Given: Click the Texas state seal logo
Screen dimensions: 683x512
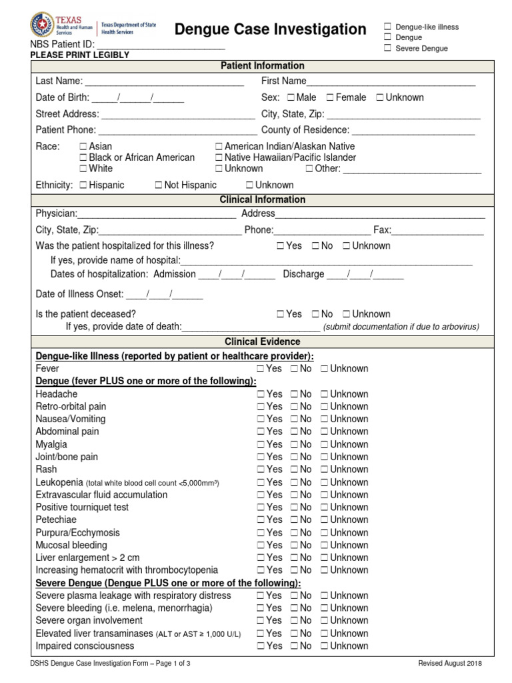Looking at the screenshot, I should click(x=44, y=26).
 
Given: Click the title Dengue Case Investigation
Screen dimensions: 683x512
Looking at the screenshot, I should click(x=270, y=29).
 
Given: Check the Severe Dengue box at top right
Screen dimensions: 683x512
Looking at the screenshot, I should click(x=387, y=49).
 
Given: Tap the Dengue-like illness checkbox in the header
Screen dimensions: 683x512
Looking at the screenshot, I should click(x=387, y=27).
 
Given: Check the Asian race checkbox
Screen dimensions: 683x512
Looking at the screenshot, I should click(x=83, y=146).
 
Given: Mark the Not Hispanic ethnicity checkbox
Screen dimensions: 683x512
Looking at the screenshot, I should click(x=159, y=185).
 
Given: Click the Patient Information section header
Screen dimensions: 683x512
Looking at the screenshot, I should click(x=262, y=65).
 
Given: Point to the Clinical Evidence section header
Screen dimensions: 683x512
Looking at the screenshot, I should click(x=262, y=341).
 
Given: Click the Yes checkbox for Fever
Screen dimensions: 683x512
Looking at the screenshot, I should click(x=261, y=369).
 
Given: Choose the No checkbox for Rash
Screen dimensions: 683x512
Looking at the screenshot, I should click(x=294, y=470).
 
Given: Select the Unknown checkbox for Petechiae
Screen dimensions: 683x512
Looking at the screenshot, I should click(x=324, y=520).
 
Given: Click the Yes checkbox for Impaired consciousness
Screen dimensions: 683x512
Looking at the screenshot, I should click(x=261, y=646).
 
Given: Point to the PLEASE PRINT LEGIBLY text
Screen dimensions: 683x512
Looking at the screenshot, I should click(x=79, y=55).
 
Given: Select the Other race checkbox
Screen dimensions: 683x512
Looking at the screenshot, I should click(x=309, y=169).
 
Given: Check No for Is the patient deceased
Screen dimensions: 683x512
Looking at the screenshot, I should click(x=315, y=314).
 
